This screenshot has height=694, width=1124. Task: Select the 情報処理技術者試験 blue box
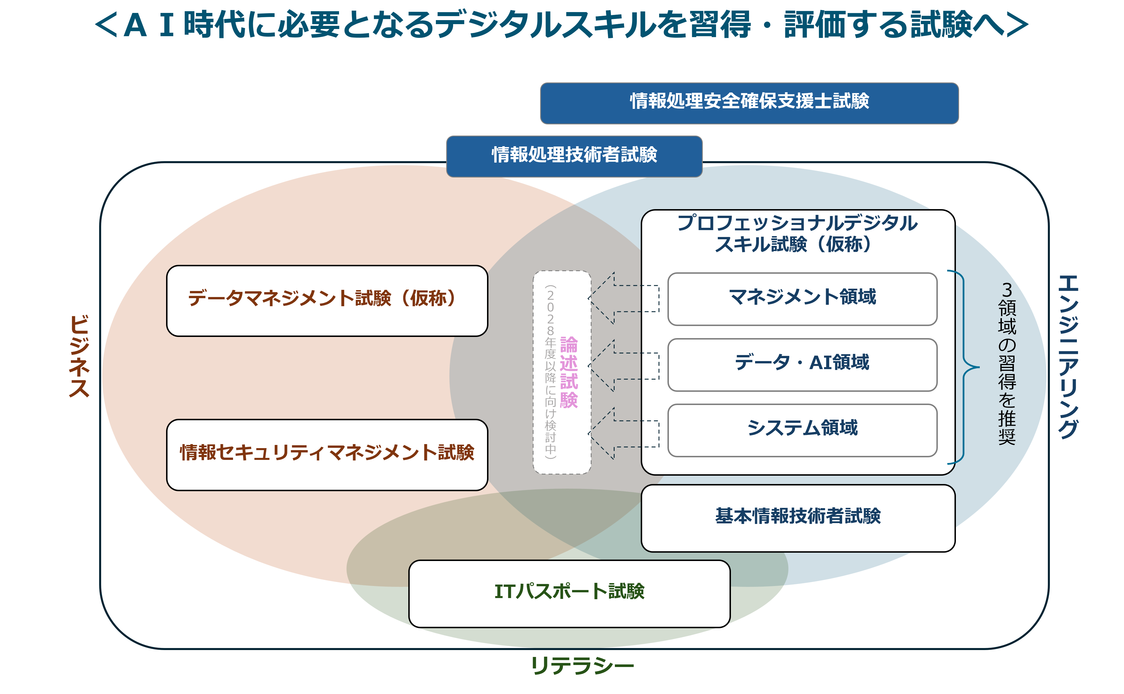point(574,156)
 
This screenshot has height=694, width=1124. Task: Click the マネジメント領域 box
point(802,298)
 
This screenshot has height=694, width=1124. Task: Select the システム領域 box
point(802,430)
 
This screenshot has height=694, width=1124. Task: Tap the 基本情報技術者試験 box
point(798,517)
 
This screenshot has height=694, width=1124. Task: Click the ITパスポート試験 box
point(569,593)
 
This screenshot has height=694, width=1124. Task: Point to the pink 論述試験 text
point(569,372)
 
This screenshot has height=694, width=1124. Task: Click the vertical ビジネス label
point(79,356)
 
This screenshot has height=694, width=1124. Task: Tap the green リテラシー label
point(582,666)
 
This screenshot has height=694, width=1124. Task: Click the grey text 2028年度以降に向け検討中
point(550,372)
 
